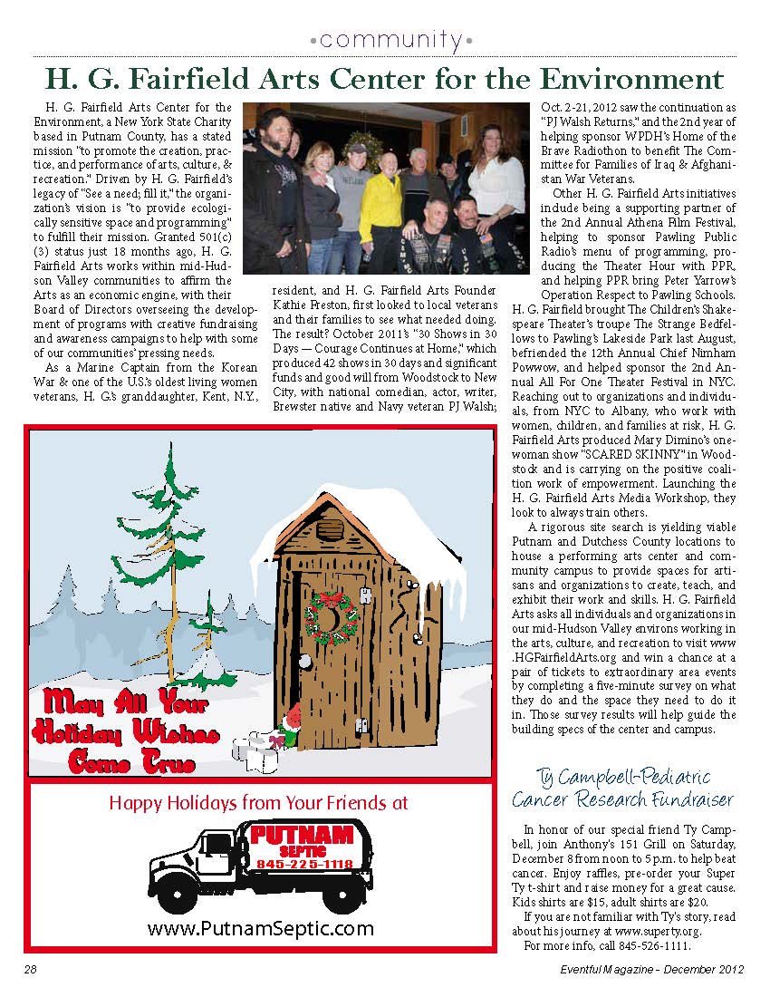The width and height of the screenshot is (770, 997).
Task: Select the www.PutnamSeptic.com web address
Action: tap(260, 928)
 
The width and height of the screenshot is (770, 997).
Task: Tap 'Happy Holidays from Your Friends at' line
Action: tap(258, 803)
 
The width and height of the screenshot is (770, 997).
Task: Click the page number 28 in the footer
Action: tap(30, 970)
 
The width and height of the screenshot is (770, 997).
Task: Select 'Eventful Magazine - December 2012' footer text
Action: tap(650, 970)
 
